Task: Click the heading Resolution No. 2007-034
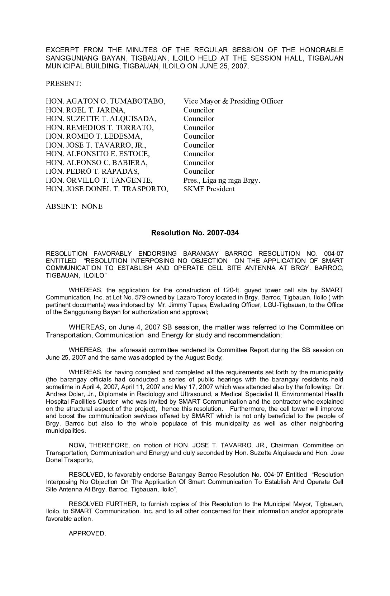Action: (195, 233)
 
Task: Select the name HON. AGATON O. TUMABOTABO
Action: (105, 101)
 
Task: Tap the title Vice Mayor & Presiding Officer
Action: (233, 101)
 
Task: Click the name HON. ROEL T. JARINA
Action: (85, 110)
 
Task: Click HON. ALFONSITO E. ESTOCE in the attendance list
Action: (97, 154)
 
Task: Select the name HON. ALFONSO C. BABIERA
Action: (96, 163)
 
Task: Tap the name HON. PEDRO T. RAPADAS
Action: (92, 172)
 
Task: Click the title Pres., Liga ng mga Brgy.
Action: (222, 180)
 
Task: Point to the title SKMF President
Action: (209, 189)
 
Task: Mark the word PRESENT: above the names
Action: (63, 84)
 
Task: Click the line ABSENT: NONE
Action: (74, 207)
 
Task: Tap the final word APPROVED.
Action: (87, 533)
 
